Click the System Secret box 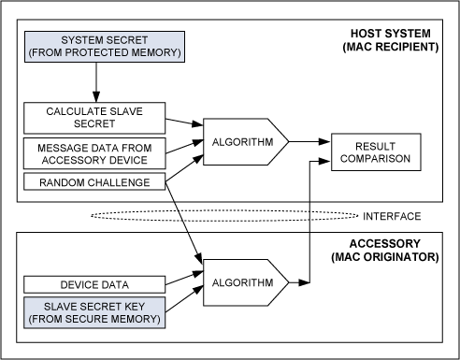pyautogui.click(x=105, y=47)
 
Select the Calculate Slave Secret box pyautogui.click(x=94, y=118)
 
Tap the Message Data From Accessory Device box pyautogui.click(x=94, y=153)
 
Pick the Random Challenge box pyautogui.click(x=94, y=182)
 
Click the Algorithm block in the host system pyautogui.click(x=246, y=142)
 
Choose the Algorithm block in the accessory pyautogui.click(x=246, y=282)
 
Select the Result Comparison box pyautogui.click(x=376, y=152)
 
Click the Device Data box pyautogui.click(x=94, y=284)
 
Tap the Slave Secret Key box pyautogui.click(x=94, y=312)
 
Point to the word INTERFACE pyautogui.click(x=392, y=216)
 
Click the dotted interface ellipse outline pyautogui.click(x=224, y=210)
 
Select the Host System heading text pyautogui.click(x=391, y=34)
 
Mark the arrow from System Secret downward pyautogui.click(x=96, y=82)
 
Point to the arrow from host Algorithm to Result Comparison pyautogui.click(x=309, y=142)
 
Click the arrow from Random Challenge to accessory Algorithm pyautogui.click(x=184, y=223)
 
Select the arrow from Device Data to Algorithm pyautogui.click(x=184, y=278)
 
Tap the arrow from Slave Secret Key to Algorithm pyautogui.click(x=184, y=299)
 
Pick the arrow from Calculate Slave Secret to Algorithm pyautogui.click(x=184, y=122)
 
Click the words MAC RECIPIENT pyautogui.click(x=391, y=47)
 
